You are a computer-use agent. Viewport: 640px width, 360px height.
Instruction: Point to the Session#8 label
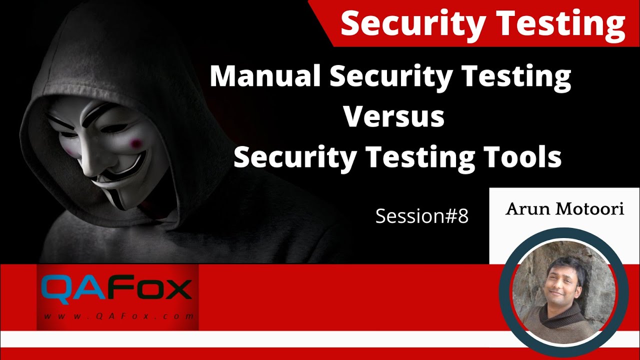click(421, 216)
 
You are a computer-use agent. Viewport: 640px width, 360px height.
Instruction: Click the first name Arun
click(525, 208)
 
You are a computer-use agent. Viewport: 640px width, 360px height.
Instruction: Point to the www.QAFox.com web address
click(118, 316)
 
